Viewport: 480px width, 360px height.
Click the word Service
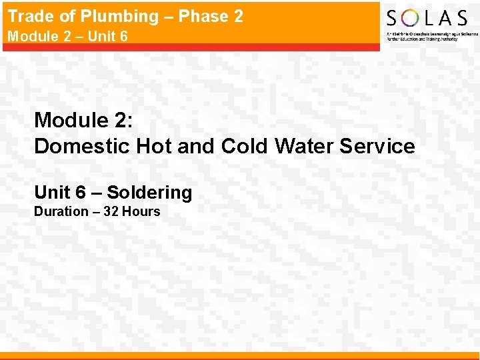pos(377,146)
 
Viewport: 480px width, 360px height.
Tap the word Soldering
pos(149,193)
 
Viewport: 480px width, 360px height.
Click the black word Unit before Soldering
pos(52,193)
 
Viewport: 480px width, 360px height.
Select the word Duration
pos(61,212)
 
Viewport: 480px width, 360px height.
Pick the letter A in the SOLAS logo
pos(446,18)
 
